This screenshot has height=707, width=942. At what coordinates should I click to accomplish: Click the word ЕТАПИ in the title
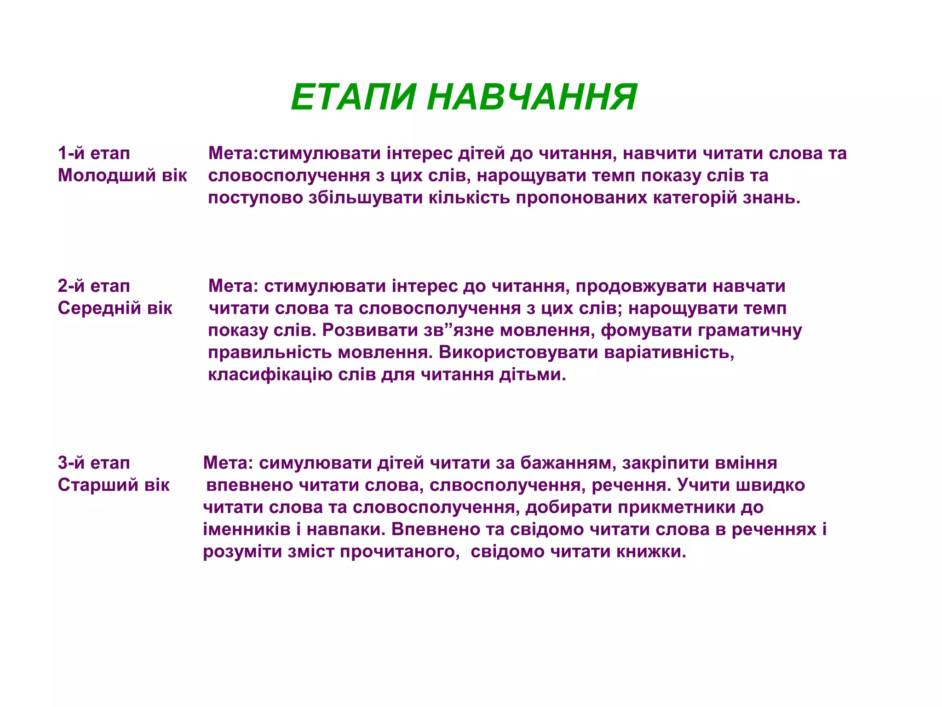pos(353,97)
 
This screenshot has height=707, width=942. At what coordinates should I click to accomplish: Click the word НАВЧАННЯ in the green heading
pos(532,97)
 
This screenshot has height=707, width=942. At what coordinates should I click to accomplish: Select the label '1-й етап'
pos(94,153)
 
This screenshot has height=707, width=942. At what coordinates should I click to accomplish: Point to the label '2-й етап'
pos(94,286)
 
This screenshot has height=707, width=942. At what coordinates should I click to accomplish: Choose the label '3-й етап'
pos(94,463)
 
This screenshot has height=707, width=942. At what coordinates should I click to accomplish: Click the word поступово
pos(255,197)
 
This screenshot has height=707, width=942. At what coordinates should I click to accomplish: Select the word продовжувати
pos(641,286)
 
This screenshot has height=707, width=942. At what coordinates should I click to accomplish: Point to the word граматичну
pos(750,330)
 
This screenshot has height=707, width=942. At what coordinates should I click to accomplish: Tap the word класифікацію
pos(270,374)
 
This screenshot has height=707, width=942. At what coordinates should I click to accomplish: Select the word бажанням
pos(568,463)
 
